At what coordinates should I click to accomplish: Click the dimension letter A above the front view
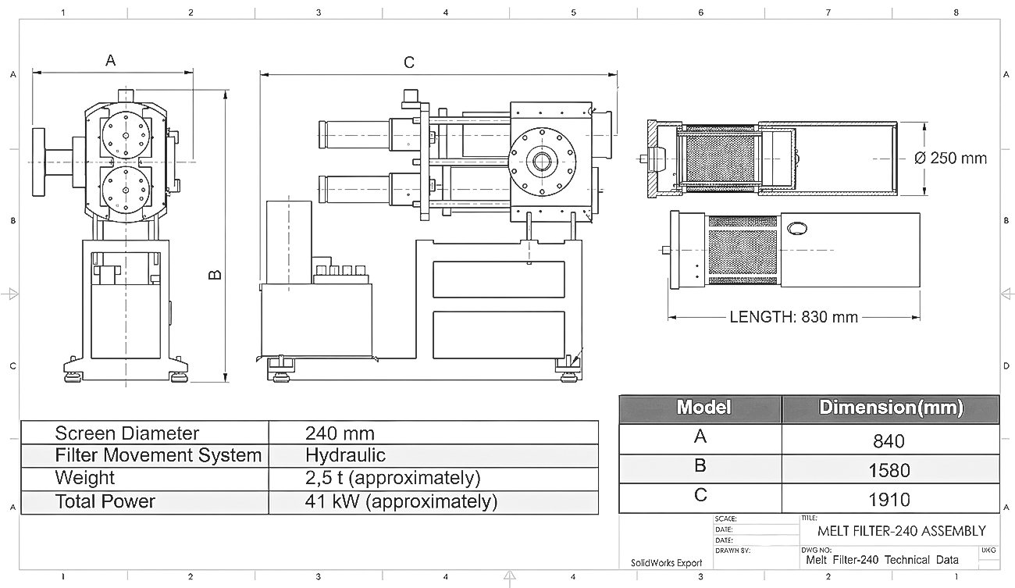pyautogui.click(x=111, y=60)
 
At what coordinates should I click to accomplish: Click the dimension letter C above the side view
pyautogui.click(x=408, y=62)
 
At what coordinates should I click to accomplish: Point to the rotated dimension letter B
pyautogui.click(x=215, y=275)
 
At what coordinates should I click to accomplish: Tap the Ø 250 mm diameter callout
pyautogui.click(x=950, y=159)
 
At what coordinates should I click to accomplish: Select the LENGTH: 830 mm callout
pyautogui.click(x=794, y=317)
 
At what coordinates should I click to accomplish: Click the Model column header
pyautogui.click(x=703, y=407)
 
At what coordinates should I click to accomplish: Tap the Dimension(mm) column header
pyautogui.click(x=891, y=408)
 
